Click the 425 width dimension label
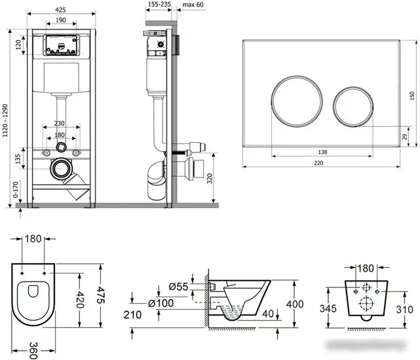tap(60, 10)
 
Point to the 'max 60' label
tap(193, 5)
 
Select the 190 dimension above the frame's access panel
tap(60, 21)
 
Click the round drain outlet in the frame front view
tap(60, 167)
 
